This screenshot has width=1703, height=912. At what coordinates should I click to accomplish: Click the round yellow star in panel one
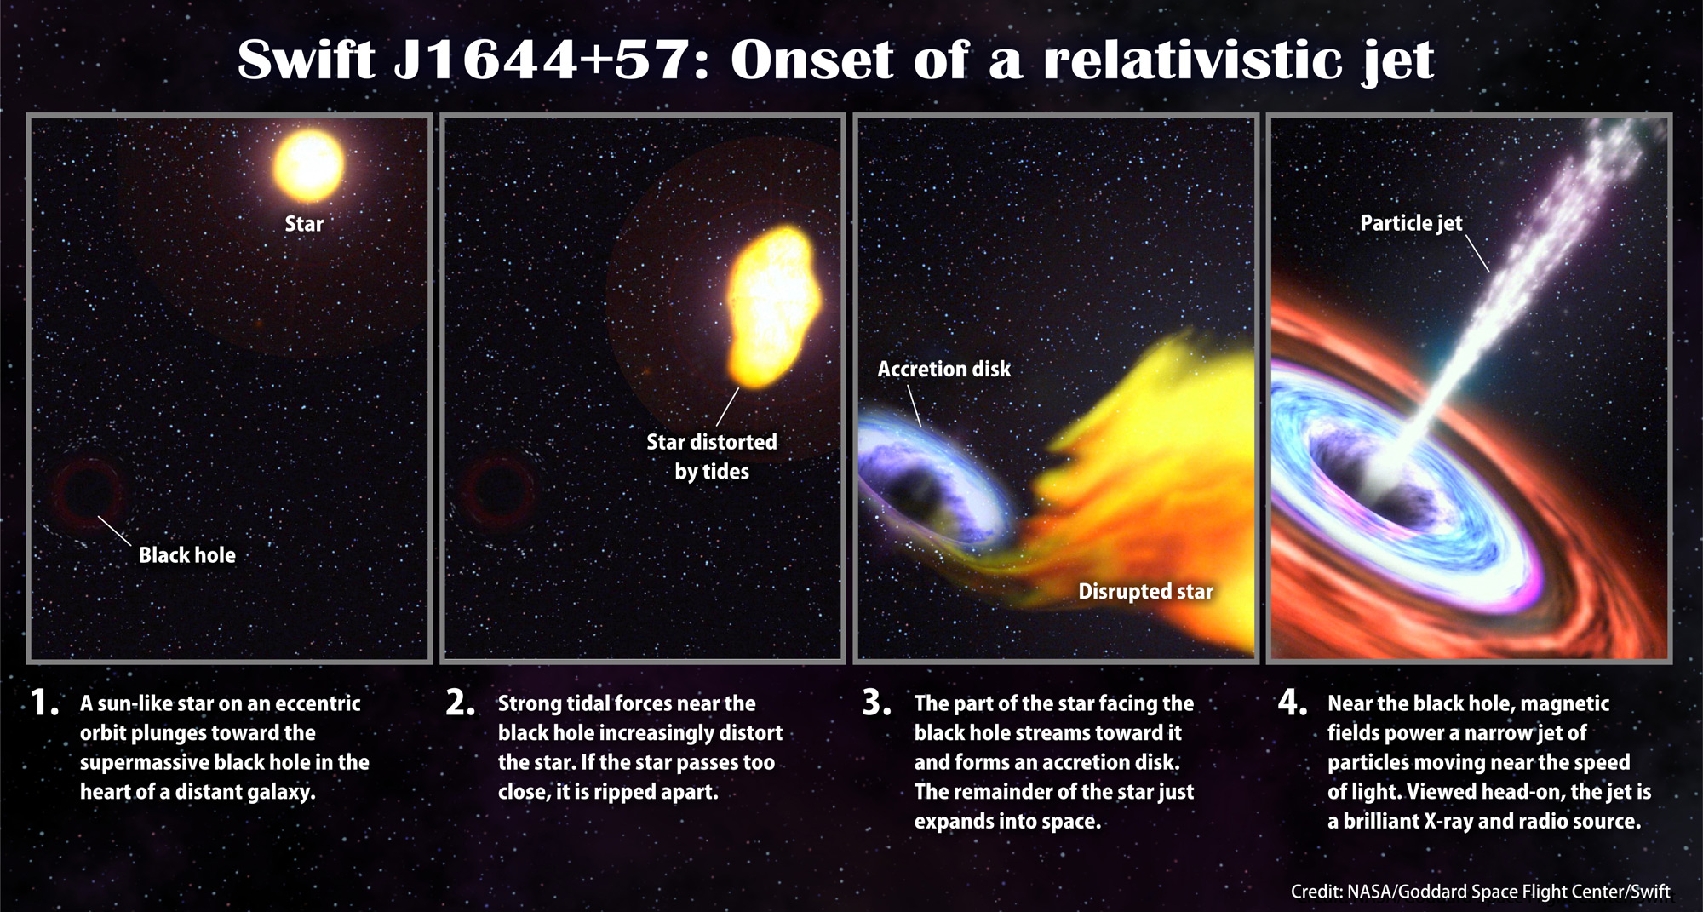(x=308, y=165)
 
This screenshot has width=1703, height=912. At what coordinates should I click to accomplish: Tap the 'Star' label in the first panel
(x=304, y=224)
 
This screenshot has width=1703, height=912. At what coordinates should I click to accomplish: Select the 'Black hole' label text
(x=187, y=555)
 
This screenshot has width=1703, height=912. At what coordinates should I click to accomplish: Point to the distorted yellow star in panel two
(x=773, y=307)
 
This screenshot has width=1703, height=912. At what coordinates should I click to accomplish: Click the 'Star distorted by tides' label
(x=712, y=456)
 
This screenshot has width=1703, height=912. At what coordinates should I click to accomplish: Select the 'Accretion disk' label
(x=944, y=369)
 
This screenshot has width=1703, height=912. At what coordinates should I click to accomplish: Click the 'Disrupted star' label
(x=1145, y=591)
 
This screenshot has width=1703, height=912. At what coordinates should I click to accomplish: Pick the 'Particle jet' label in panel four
(x=1411, y=223)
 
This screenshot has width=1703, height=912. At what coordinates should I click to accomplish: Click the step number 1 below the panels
(x=43, y=703)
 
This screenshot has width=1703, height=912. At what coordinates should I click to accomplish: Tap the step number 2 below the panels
(x=460, y=703)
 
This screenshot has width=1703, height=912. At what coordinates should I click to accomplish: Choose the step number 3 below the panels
(x=877, y=703)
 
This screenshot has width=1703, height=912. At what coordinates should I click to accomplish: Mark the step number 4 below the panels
(x=1293, y=703)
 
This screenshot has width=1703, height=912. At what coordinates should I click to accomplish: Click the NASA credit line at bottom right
(x=1480, y=892)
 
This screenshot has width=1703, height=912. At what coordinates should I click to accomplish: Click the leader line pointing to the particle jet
(x=1477, y=254)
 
